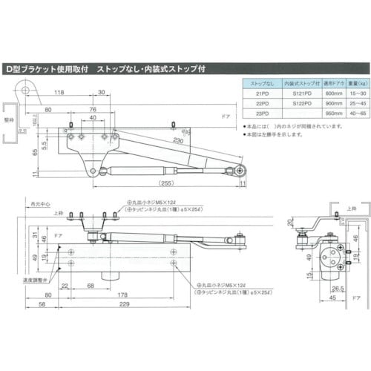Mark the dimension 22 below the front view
[66, 286]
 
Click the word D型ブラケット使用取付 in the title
[47, 68]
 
